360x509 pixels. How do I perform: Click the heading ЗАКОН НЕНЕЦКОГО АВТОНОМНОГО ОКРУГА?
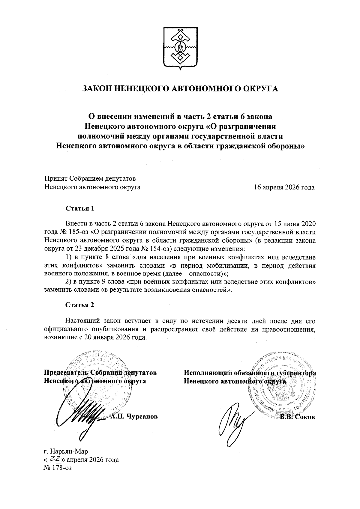180,88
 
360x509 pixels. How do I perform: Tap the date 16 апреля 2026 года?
284,188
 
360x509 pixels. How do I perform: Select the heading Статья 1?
80,208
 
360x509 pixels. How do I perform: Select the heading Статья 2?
80,305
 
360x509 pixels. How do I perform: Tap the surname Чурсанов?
142,417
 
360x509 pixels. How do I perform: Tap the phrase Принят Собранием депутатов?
90,179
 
